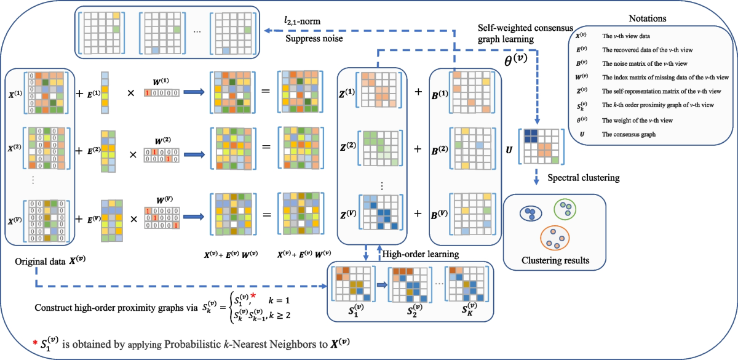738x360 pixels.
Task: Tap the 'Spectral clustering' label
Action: tap(586, 178)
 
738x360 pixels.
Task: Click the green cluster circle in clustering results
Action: tap(565, 209)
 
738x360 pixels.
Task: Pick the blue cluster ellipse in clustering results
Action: tap(530, 213)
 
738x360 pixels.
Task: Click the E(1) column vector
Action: tap(106, 92)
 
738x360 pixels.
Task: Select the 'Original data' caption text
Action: tap(48, 263)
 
